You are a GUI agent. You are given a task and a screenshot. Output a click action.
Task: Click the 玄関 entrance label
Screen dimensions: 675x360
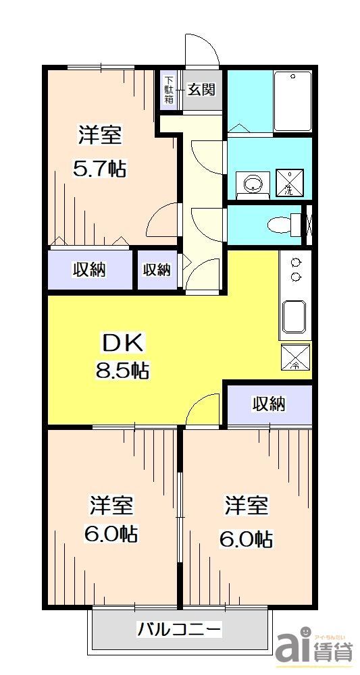coord(201,89)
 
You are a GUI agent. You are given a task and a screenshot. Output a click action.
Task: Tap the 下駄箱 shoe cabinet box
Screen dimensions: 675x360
coord(169,89)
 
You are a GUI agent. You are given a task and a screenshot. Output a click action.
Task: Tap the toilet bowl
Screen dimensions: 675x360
coord(280,224)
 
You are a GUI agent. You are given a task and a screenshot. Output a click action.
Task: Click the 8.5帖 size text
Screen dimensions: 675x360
coord(122,370)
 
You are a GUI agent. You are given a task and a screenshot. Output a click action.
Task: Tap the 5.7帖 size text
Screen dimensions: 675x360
coord(100,169)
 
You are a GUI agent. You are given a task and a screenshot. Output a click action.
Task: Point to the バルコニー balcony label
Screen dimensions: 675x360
coord(179,630)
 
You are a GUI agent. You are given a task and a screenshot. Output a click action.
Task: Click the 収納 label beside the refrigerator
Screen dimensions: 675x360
coord(269,404)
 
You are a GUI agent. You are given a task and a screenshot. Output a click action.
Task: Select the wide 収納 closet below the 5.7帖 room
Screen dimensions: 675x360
coord(89,270)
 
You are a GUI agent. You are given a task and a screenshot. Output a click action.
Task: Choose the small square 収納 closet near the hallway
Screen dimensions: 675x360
coord(157,270)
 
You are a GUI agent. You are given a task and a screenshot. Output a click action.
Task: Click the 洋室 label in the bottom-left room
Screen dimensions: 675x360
coord(111,505)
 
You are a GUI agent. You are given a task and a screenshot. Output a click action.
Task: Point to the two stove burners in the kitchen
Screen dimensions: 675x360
coord(295,269)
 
